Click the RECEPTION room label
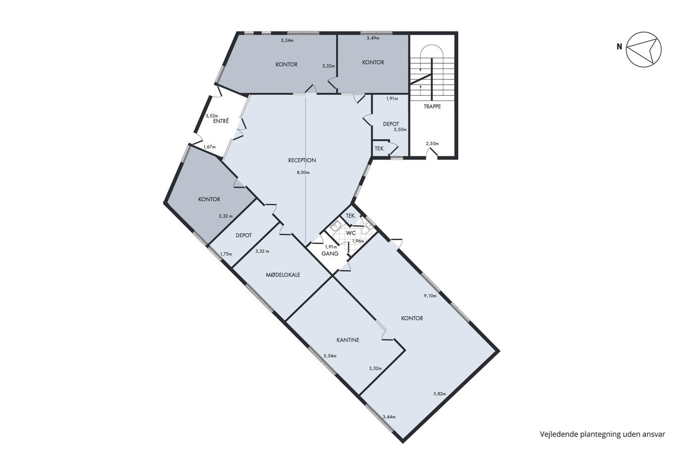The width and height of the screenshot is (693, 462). click(302, 160)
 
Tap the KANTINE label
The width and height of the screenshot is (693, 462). click(347, 340)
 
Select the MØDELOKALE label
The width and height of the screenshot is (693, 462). click(283, 275)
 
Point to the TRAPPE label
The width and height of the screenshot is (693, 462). click(432, 106)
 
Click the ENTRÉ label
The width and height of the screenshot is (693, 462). click(221, 121)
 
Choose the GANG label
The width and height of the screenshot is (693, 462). click(330, 254)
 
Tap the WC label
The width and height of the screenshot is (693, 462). click(350, 233)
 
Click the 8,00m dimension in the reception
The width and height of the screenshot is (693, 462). click(303, 173)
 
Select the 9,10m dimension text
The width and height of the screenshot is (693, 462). click(430, 296)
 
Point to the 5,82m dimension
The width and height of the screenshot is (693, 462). click(440, 394)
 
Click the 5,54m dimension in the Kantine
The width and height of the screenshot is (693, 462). click(330, 356)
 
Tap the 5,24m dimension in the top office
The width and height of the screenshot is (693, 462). click(287, 40)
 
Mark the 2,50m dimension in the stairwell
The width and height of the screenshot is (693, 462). click(432, 144)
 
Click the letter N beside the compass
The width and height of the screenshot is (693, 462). click(619, 47)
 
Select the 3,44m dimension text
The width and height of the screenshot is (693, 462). click(389, 417)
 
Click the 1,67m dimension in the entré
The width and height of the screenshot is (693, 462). click(209, 147)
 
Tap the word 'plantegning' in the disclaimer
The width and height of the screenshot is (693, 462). click(599, 434)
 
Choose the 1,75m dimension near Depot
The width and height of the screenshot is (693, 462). click(226, 254)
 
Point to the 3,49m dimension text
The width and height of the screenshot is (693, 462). click(373, 38)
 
